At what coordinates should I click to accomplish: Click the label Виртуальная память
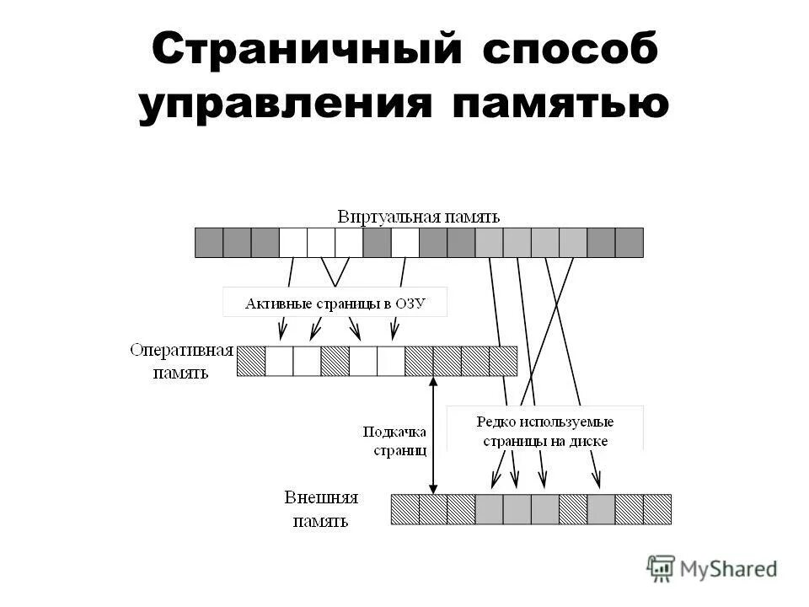(419, 216)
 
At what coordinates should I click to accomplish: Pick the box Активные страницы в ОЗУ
(335, 303)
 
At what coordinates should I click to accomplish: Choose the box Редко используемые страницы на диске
(544, 430)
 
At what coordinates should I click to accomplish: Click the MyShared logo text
(729, 569)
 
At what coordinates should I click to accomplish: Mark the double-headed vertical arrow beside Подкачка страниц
(433, 435)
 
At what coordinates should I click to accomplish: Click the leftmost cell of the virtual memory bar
(209, 243)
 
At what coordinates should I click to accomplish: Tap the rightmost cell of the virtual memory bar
(629, 243)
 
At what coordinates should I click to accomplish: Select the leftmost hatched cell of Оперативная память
(251, 360)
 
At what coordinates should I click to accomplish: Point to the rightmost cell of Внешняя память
(657, 509)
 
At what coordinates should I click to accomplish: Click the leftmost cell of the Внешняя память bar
(405, 509)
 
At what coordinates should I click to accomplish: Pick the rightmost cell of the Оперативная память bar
(503, 360)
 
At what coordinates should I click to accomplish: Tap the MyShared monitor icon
(662, 568)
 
